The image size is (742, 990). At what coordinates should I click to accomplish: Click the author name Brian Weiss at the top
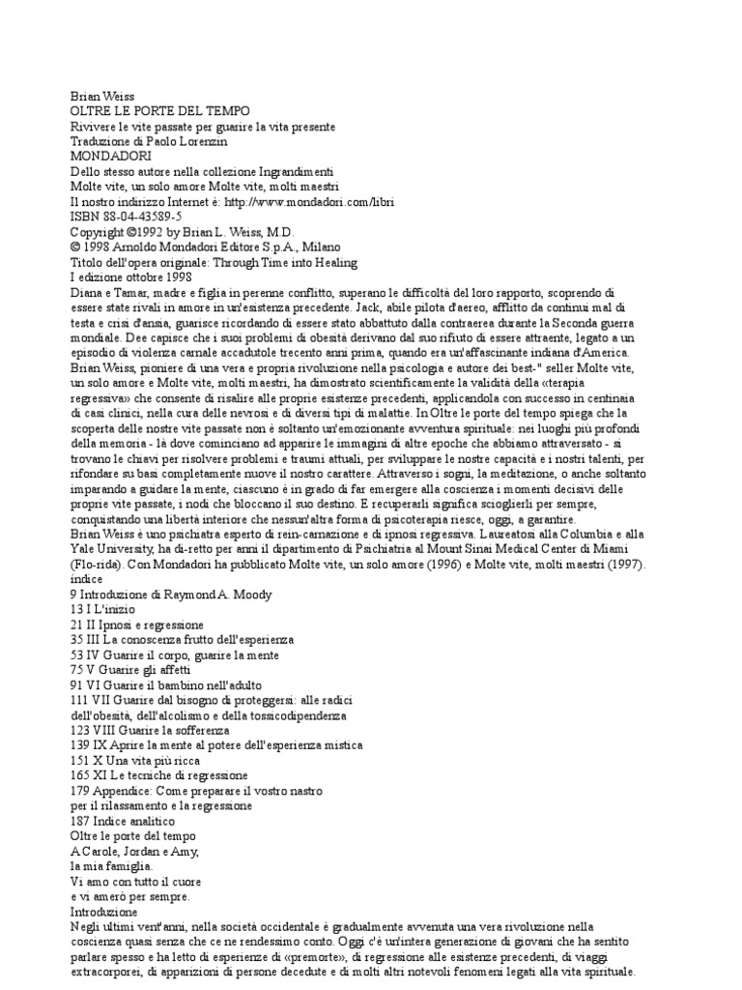pyautogui.click(x=101, y=98)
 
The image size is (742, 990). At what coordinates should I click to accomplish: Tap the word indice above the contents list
pyautogui.click(x=87, y=578)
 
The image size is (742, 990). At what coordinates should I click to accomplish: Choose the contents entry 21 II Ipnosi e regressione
pyautogui.click(x=137, y=625)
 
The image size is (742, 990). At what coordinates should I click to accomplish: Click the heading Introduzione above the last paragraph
pyautogui.click(x=104, y=911)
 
